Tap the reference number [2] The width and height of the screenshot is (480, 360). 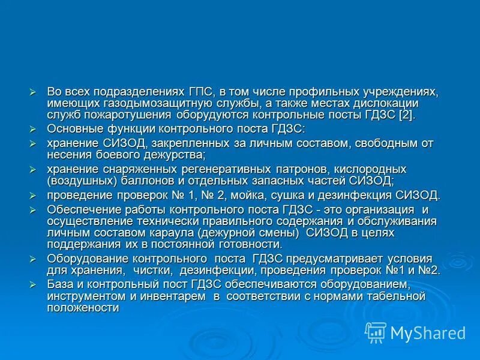pyautogui.click(x=406, y=115)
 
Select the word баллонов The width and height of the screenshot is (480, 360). pyautogui.click(x=156, y=181)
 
